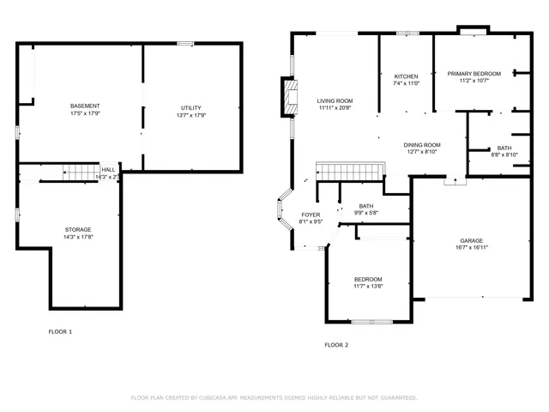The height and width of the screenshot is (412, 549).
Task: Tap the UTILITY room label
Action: [x=190, y=107]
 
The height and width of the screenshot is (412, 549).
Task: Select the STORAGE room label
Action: [x=78, y=229]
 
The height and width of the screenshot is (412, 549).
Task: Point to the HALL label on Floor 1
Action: [x=108, y=170]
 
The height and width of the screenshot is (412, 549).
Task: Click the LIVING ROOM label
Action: [x=335, y=100]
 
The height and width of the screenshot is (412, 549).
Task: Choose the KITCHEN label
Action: [x=406, y=76]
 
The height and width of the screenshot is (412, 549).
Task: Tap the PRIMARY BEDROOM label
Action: [x=474, y=74]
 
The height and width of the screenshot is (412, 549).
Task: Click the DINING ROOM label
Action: [x=421, y=144]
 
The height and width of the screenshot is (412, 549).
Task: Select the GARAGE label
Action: [x=471, y=240]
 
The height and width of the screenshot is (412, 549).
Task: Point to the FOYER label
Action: [x=311, y=215]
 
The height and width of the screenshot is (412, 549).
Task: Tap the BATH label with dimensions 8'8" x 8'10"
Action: [x=504, y=154]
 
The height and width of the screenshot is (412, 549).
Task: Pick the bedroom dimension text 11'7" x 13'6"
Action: [x=368, y=286]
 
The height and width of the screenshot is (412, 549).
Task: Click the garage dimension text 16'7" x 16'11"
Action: [x=471, y=247]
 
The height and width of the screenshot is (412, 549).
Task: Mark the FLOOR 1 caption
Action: [x=60, y=331]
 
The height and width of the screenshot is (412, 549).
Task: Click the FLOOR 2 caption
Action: [x=336, y=345]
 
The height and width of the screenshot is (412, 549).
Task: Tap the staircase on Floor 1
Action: [x=78, y=174]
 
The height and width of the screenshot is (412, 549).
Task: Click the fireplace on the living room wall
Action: [x=289, y=96]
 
